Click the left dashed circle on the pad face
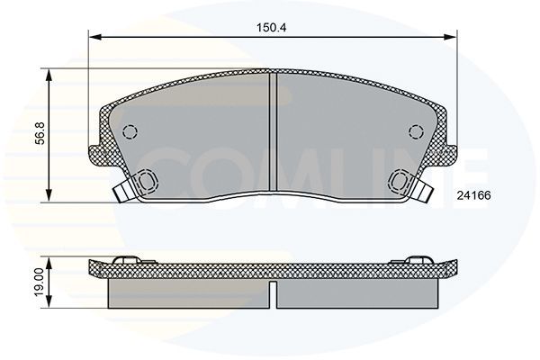tap(130, 131)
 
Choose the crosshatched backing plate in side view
tap(270, 268)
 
